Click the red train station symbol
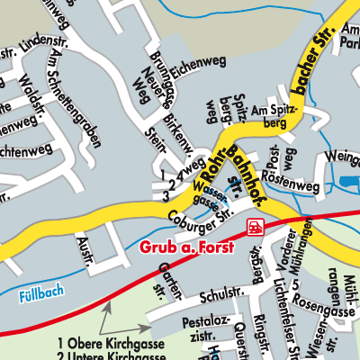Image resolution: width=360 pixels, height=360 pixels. [257, 225]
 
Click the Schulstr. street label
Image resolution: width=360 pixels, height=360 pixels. [206, 293]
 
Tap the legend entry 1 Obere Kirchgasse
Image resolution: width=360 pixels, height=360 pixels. [104, 343]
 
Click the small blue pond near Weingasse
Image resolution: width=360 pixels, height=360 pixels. [348, 183]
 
